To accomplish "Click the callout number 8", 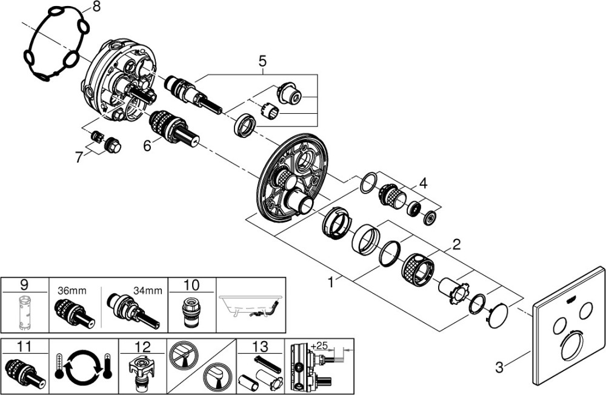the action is [96, 7].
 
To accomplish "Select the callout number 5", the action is [262, 60].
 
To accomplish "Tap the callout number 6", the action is [147, 145].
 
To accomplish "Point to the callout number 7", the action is [79, 157].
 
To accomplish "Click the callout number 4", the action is [424, 183].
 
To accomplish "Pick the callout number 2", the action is [456, 244].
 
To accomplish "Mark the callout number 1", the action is [330, 282].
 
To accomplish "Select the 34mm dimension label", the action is [148, 290].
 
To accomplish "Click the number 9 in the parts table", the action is [24, 285].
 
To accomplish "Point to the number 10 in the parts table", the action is [191, 285].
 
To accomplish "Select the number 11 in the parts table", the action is [24, 347].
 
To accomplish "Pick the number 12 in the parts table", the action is [142, 347].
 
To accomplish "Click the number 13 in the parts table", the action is [261, 347].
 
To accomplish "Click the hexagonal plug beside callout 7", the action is [113, 145].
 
